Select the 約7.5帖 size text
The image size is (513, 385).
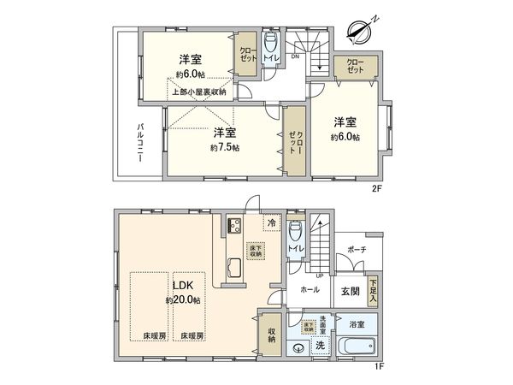point(225,147)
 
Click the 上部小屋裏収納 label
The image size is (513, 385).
point(198,92)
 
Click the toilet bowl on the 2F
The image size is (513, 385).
point(271,43)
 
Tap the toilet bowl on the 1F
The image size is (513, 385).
point(296,232)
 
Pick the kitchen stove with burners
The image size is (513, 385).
point(234,227)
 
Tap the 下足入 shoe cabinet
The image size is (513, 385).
point(372,286)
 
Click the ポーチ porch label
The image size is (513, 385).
point(357,250)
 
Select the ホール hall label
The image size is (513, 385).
point(310,290)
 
